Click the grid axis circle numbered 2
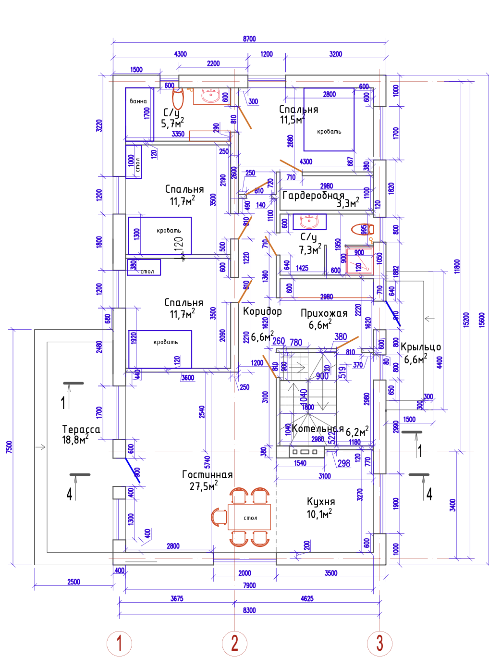[x=234, y=643]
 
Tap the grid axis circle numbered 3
[x=379, y=643]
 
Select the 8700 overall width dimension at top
[x=249, y=39]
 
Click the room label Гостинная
[x=207, y=475]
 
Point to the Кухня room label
[x=321, y=502]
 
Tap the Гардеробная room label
[x=313, y=196]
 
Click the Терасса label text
[x=81, y=430]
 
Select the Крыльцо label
[x=421, y=347]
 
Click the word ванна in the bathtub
[x=138, y=101]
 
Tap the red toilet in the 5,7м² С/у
[x=178, y=99]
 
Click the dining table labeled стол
[x=249, y=517]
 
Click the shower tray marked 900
[x=359, y=260]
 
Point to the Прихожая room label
[x=324, y=313]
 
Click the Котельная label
[x=318, y=429]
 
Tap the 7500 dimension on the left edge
[x=9, y=446]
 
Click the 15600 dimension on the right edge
[x=482, y=320]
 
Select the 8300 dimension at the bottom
[x=249, y=610]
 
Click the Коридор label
[x=262, y=311]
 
